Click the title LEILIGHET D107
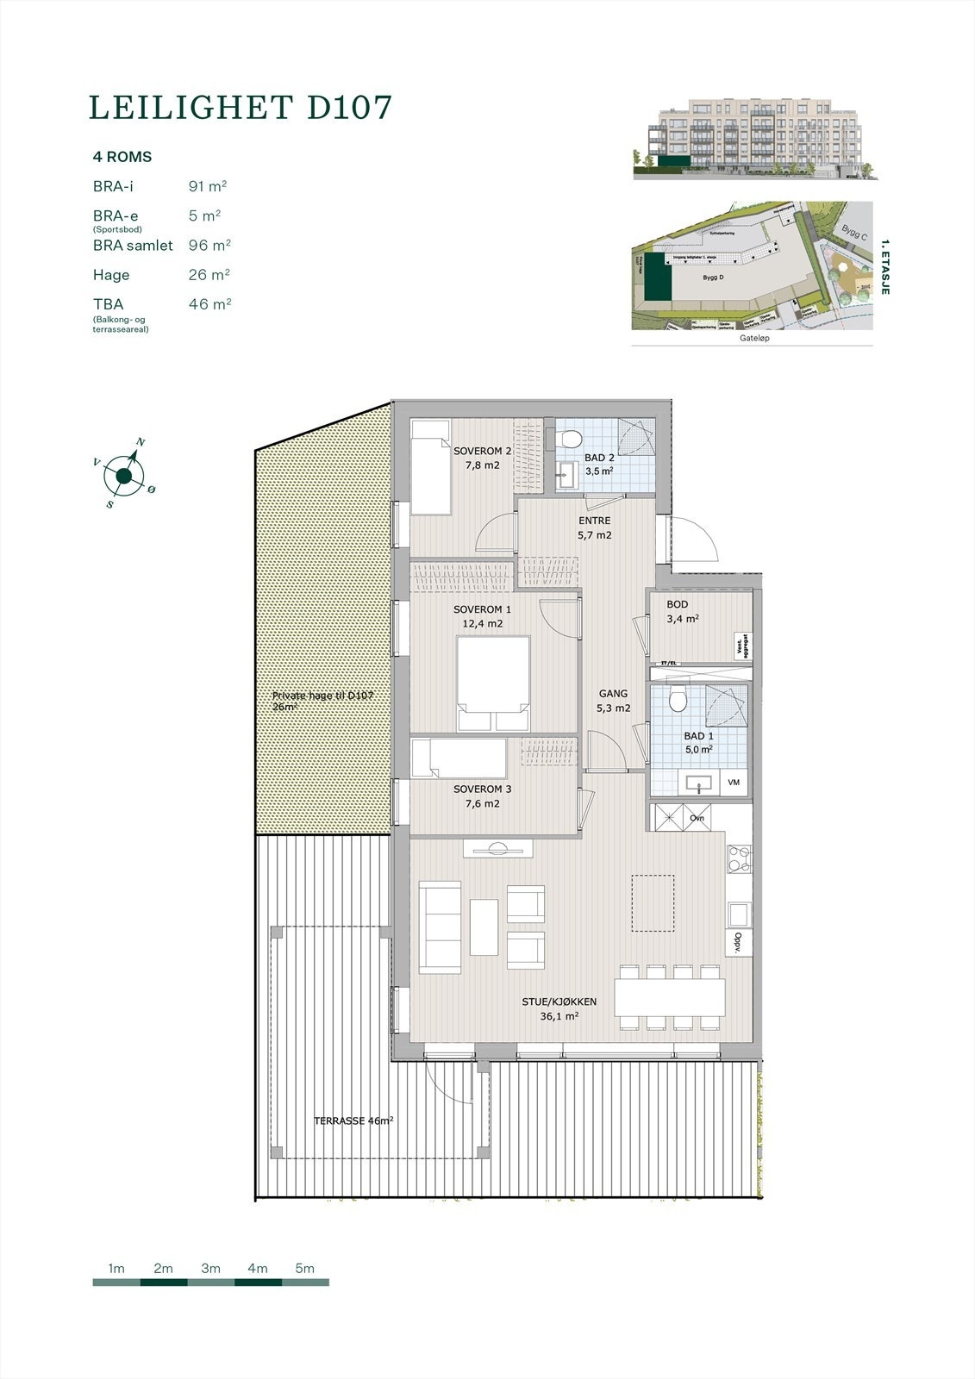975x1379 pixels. coord(241,108)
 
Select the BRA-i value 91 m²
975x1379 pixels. coord(207,186)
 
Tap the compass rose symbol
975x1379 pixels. coord(124,476)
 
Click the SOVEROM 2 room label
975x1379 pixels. coord(483,458)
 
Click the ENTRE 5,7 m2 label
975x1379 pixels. coord(594,527)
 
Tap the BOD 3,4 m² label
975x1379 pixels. coord(682,612)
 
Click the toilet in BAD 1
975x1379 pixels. coord(677,699)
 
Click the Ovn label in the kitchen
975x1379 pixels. coord(697,819)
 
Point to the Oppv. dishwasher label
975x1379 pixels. coord(739,941)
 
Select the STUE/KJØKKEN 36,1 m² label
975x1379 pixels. coord(559,1008)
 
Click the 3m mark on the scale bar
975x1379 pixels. coord(210,1269)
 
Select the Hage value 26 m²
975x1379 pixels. coord(209,275)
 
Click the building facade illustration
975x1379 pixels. coord(753,138)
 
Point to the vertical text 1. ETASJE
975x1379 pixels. coord(884,268)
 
